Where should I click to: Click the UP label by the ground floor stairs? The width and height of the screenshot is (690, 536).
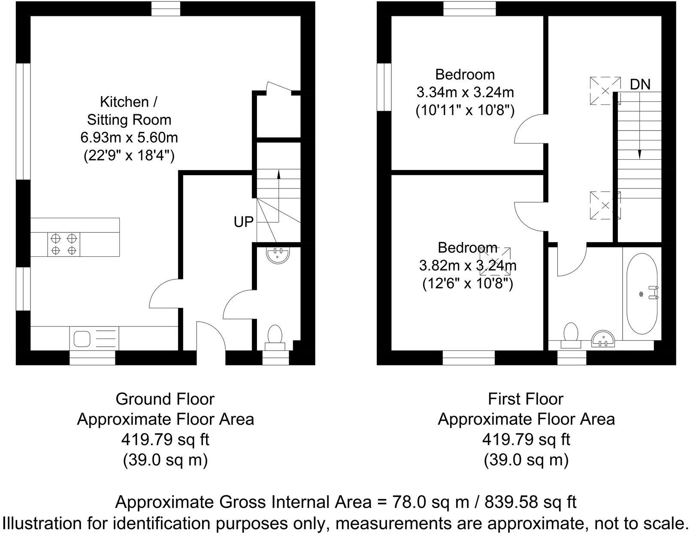(x=243, y=222)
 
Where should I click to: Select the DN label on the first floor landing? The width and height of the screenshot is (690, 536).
(x=640, y=85)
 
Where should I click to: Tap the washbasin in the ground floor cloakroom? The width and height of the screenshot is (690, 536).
(x=278, y=255)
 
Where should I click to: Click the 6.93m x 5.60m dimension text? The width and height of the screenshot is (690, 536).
(x=129, y=138)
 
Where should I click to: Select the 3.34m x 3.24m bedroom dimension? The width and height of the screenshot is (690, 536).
(x=465, y=92)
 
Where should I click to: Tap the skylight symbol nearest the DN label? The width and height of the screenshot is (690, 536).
(x=605, y=91)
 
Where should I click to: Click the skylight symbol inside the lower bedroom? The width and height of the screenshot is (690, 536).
(x=496, y=261)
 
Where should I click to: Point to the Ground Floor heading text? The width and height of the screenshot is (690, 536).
(x=165, y=399)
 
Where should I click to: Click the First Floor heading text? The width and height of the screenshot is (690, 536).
(x=526, y=399)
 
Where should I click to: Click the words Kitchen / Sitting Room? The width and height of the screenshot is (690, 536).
(x=129, y=111)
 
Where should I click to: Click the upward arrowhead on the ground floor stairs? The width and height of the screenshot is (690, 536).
(x=278, y=174)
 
